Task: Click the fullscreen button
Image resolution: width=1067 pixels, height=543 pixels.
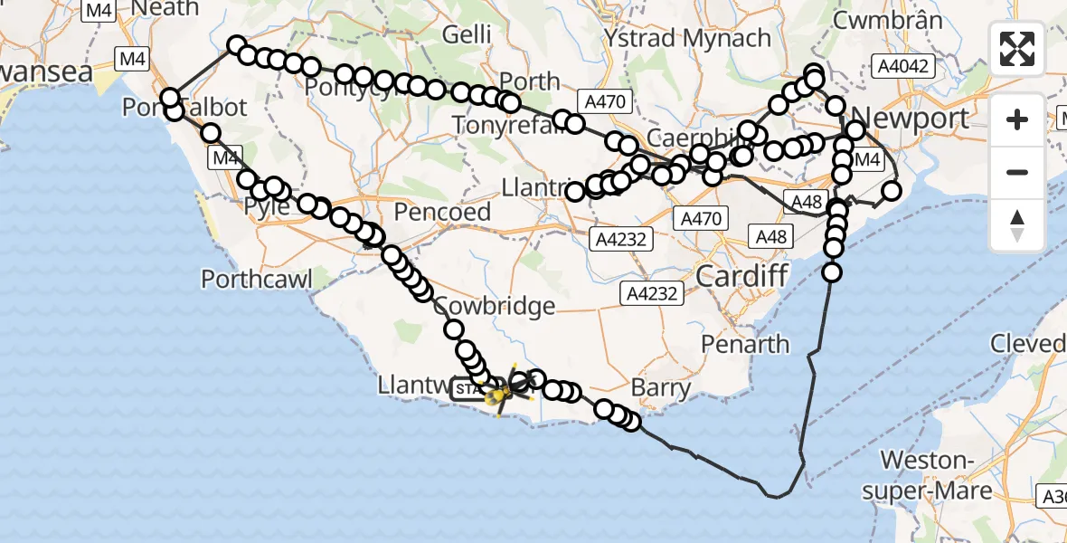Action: pyautogui.click(x=1017, y=49)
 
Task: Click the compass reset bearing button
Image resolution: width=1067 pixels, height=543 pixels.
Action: pyautogui.click(x=1017, y=225)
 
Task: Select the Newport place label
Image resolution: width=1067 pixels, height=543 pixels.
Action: pyautogui.click(x=910, y=118)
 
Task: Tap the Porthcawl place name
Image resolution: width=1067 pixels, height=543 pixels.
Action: pyautogui.click(x=257, y=278)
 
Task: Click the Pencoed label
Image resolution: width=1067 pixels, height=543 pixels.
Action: pyautogui.click(x=443, y=213)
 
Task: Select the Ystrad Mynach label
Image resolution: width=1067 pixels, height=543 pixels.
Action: pyautogui.click(x=687, y=39)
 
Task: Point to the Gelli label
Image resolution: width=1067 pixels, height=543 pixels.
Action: pyautogui.click(x=467, y=34)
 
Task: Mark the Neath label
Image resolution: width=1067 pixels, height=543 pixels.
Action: pyautogui.click(x=165, y=8)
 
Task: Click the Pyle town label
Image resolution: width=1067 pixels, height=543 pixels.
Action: pyautogui.click(x=268, y=207)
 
